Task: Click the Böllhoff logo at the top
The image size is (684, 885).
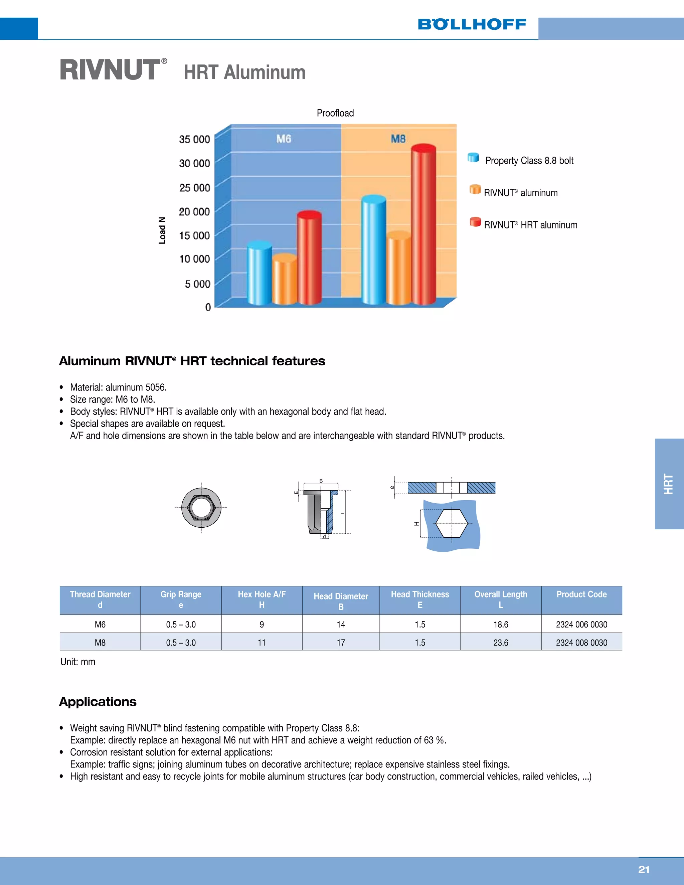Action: click(x=472, y=24)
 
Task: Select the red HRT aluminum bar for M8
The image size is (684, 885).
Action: click(x=423, y=227)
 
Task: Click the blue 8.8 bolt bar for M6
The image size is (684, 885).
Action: click(x=259, y=274)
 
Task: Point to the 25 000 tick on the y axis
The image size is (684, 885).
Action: click(x=194, y=188)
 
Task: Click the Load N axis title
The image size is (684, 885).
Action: click(x=162, y=230)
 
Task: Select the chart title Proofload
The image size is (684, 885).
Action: click(x=335, y=113)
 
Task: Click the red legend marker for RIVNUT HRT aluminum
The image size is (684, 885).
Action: click(x=475, y=222)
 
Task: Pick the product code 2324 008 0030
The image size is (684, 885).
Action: click(x=581, y=643)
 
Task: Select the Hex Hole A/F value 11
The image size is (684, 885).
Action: click(x=262, y=643)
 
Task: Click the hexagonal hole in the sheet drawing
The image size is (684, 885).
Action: click(x=452, y=523)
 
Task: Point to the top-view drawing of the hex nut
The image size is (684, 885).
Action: click(x=201, y=507)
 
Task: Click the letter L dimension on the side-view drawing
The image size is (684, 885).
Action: click(x=343, y=513)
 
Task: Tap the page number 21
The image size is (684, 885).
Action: click(x=644, y=870)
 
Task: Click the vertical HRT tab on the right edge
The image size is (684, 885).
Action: click(x=669, y=484)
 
